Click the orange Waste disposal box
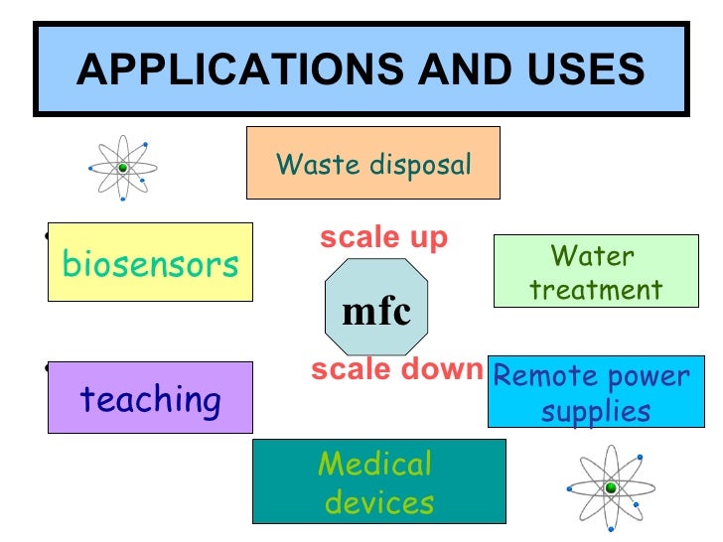(x=372, y=163)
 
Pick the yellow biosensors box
(x=150, y=263)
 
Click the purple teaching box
(x=150, y=399)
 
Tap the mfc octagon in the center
(x=376, y=310)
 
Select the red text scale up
(x=383, y=238)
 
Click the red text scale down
(x=395, y=370)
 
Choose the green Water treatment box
(x=594, y=272)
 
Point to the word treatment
(x=595, y=290)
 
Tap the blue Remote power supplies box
(x=596, y=392)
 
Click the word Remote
(x=545, y=376)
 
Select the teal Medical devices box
(x=378, y=481)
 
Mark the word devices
(x=379, y=502)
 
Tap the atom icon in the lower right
(x=610, y=486)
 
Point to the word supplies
(x=596, y=410)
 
